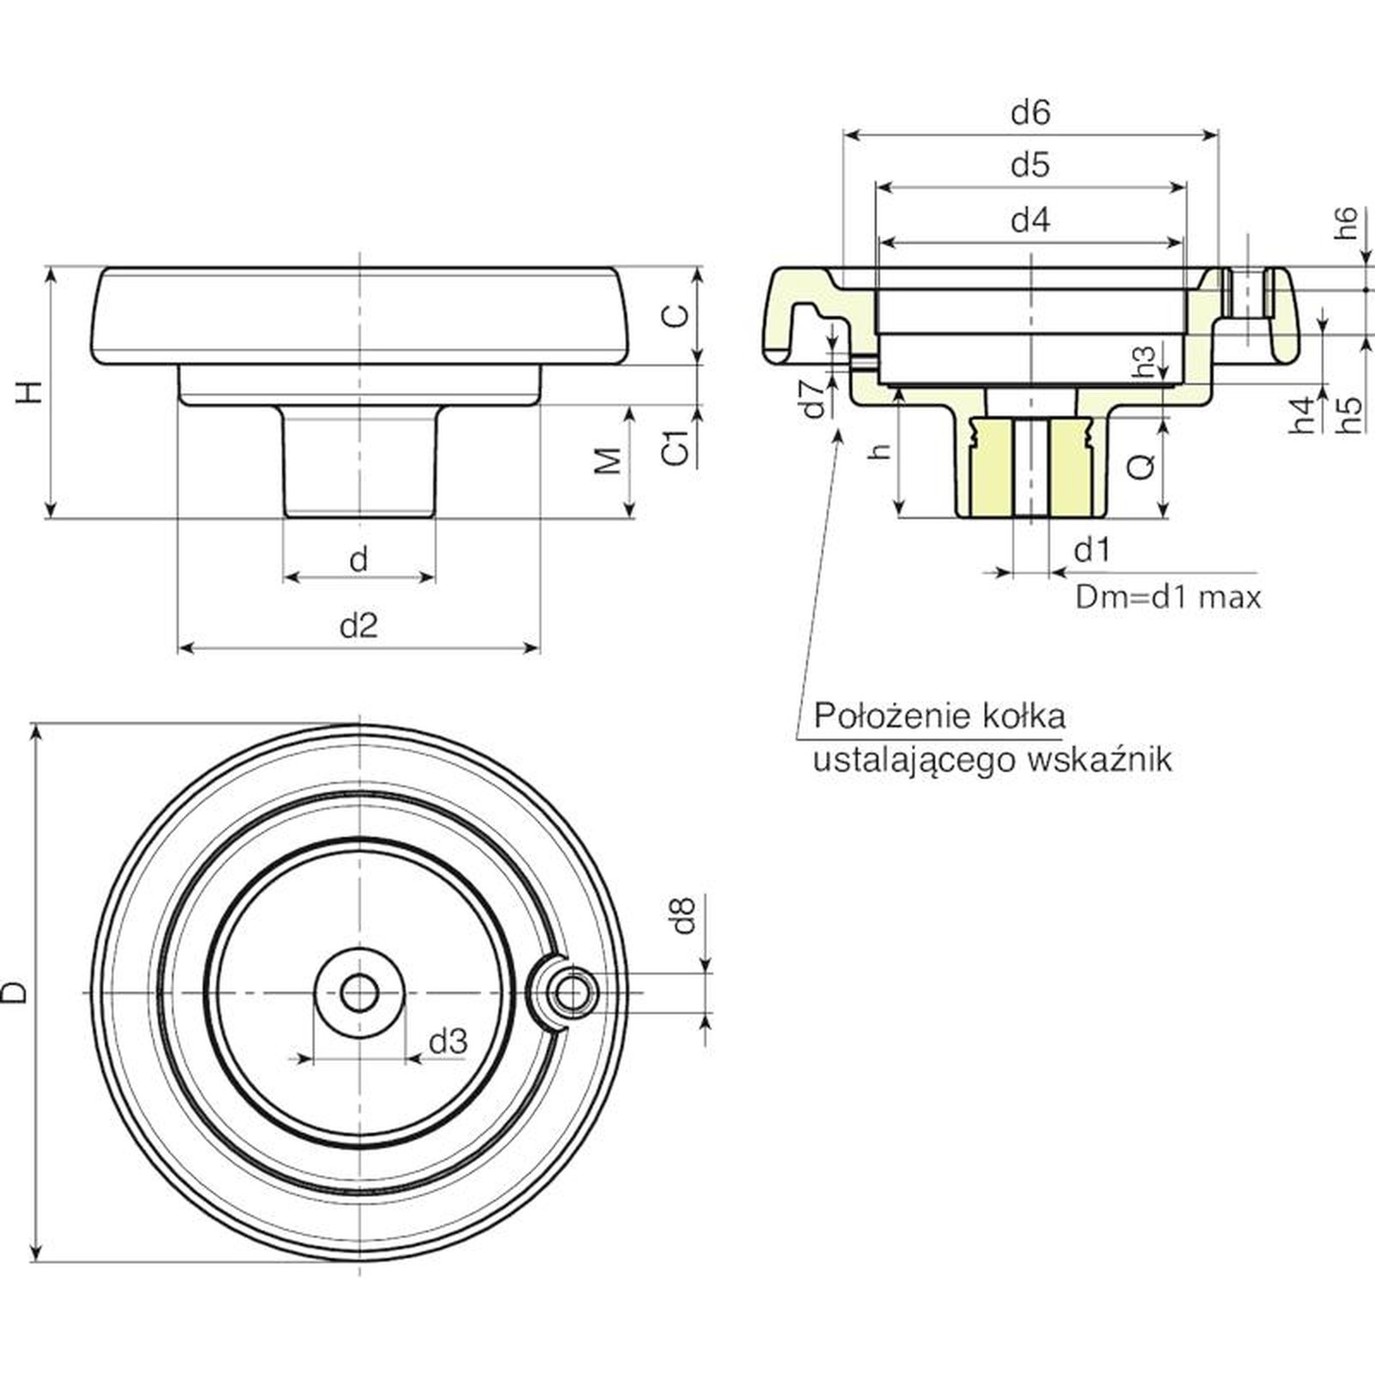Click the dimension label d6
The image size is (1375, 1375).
1030,113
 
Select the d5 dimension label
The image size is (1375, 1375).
1030,164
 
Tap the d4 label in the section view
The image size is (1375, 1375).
1030,221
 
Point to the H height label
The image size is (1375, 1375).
30,392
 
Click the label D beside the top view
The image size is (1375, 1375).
15,993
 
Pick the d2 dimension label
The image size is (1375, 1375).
358,626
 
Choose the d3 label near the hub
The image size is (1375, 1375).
448,1042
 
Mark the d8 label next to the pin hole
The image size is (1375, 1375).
683,916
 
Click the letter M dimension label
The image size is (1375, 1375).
608,461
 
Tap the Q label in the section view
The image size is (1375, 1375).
1140,467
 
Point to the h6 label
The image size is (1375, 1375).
1346,223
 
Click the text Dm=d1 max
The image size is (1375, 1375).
1168,597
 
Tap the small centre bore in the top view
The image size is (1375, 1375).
359,993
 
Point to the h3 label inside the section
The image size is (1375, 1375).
1145,362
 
